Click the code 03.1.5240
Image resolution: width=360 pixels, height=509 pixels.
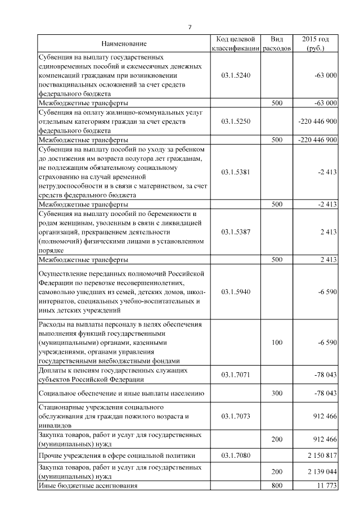click(236, 75)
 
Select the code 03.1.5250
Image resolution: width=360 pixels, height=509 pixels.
click(236, 121)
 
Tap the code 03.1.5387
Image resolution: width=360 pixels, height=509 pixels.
click(236, 231)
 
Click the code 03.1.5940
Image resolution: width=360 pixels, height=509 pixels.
click(236, 292)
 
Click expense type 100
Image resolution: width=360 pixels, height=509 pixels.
click(277, 342)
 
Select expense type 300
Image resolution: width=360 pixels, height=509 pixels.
click(277, 393)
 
